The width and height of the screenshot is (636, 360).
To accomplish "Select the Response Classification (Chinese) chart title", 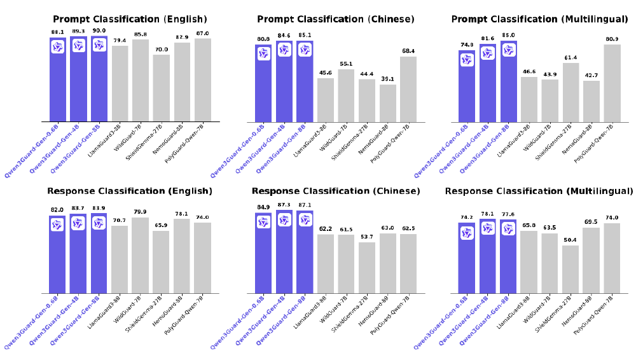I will pos(336,191).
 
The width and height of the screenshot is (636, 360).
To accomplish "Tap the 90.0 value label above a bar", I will pos(99,30).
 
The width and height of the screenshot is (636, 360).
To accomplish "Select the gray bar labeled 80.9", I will pos(612,83).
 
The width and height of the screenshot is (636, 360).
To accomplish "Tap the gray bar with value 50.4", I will pos(570,269).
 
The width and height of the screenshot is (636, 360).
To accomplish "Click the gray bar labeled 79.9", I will pos(140,255).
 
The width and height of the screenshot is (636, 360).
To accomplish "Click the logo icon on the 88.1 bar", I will pos(58,46).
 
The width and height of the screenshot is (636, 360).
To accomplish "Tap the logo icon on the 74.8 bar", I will pos(467,60).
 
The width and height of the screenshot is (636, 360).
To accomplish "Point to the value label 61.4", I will pos(570,57).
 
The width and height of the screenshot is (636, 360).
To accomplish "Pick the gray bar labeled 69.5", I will pos(591,260).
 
